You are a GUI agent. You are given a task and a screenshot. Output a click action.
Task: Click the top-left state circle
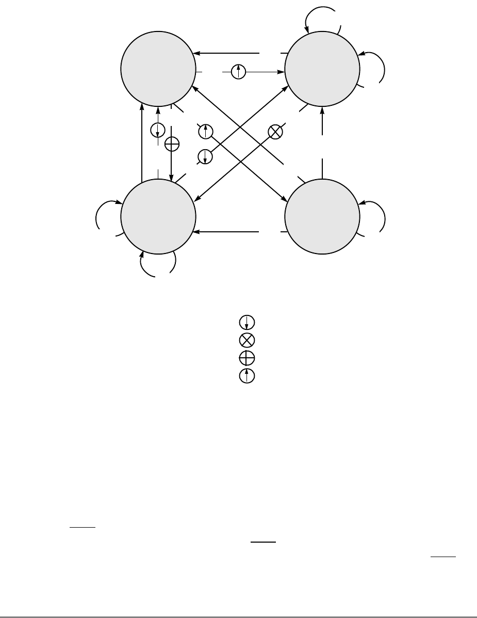(x=158, y=68)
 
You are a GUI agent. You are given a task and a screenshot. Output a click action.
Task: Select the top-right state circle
(x=322, y=68)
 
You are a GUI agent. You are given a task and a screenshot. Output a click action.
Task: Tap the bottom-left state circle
(x=158, y=217)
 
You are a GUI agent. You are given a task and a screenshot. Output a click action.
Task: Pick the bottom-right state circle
(x=322, y=217)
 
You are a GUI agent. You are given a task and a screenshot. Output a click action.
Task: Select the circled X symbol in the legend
(x=247, y=340)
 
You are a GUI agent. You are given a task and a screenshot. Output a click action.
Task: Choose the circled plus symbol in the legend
(x=247, y=358)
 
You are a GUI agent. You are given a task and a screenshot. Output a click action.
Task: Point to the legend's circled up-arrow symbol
(x=247, y=376)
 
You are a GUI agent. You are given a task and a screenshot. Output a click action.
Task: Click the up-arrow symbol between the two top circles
(x=238, y=72)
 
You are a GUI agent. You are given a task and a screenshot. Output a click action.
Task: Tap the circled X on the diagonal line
(x=276, y=132)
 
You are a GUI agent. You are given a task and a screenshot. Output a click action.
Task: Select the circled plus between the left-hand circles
(x=172, y=145)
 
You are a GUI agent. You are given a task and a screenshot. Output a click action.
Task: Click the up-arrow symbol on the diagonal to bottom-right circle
(x=205, y=132)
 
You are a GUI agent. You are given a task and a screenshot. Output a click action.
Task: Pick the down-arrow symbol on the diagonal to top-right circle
(x=205, y=156)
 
